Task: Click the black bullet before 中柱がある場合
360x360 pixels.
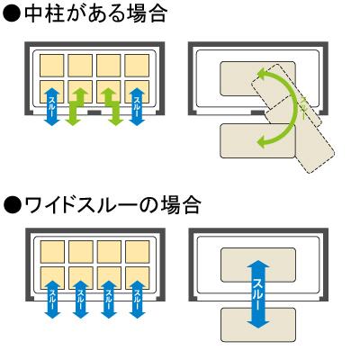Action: [13, 13]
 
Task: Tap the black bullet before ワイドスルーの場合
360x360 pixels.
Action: [13, 206]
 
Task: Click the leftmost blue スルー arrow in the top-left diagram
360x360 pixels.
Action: [52, 106]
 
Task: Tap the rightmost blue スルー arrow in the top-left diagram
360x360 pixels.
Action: [138, 106]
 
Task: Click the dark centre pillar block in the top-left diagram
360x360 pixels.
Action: [94, 112]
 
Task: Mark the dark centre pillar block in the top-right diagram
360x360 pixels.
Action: [257, 112]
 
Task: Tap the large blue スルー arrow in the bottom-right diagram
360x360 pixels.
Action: [258, 294]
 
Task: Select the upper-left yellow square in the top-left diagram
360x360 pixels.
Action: [52, 66]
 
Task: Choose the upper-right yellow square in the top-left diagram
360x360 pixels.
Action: [137, 66]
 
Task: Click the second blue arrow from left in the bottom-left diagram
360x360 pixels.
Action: [81, 299]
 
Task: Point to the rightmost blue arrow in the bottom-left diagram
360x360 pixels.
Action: [137, 299]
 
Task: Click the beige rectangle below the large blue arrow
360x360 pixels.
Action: [258, 325]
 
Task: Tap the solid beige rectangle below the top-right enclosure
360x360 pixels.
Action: [258, 141]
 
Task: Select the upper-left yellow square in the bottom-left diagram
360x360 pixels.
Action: [52, 252]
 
